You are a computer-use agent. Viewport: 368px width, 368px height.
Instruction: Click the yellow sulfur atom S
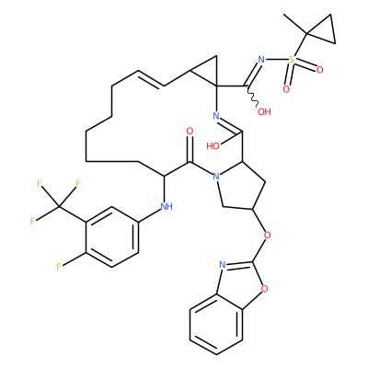[292, 60]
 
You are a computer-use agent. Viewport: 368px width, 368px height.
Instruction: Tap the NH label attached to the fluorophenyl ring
[167, 206]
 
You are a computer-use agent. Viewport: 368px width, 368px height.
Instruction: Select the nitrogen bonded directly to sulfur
[261, 60]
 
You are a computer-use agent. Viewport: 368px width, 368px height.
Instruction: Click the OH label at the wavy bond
[264, 111]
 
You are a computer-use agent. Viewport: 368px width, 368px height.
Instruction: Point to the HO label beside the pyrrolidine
[213, 146]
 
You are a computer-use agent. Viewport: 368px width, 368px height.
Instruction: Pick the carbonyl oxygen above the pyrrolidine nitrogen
[190, 132]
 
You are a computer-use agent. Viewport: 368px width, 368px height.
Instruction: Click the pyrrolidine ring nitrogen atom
[216, 177]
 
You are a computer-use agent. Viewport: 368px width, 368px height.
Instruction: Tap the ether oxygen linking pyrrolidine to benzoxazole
[268, 236]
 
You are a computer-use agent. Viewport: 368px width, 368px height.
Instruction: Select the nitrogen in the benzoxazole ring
[223, 265]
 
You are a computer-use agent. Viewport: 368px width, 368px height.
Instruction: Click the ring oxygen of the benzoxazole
[264, 289]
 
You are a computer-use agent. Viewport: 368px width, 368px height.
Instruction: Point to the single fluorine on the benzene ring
[59, 267]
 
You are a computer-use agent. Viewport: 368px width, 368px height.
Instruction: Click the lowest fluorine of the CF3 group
[32, 222]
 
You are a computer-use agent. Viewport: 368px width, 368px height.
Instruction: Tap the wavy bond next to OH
[252, 97]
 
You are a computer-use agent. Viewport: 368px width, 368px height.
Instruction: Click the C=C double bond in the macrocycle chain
[151, 79]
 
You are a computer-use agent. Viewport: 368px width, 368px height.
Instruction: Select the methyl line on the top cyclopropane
[295, 23]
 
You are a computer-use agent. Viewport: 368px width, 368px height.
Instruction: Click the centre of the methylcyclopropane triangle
[324, 30]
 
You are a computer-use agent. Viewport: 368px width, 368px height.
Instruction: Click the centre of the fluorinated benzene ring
[111, 237]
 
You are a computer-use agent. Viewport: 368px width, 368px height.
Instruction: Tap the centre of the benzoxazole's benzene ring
[216, 325]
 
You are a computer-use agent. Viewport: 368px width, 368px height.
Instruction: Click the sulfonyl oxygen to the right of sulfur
[320, 70]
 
